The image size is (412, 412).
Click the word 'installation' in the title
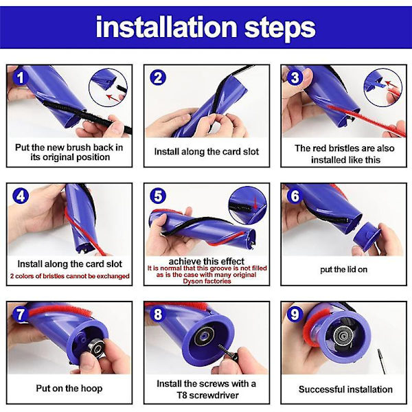click(x=167, y=27)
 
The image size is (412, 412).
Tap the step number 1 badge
click(x=20, y=78)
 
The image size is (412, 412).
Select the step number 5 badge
click(x=158, y=196)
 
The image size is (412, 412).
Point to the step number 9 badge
click(x=295, y=314)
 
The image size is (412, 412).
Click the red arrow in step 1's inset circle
click(x=113, y=98)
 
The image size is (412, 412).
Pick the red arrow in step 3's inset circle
click(x=391, y=84)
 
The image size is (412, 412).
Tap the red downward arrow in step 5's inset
click(x=255, y=203)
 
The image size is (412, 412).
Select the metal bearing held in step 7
click(x=98, y=349)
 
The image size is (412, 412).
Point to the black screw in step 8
click(x=228, y=352)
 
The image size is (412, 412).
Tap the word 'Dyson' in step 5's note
click(x=192, y=281)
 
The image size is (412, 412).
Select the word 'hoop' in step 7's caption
click(x=91, y=389)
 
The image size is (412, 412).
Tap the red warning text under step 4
click(x=69, y=276)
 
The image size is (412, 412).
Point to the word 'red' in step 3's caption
click(x=318, y=148)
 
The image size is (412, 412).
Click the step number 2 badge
click(x=158, y=78)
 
